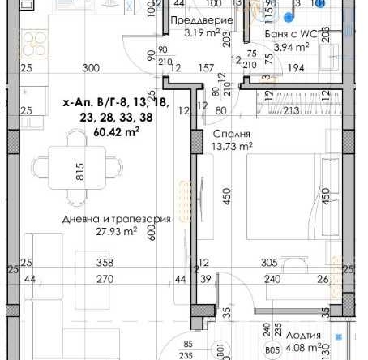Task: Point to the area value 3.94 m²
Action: pos(288,48)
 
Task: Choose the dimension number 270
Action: pos(103,279)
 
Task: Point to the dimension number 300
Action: pos(90,68)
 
